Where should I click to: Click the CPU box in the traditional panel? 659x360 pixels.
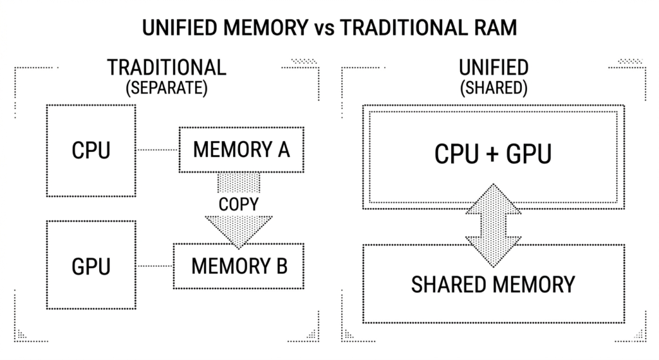click(x=91, y=151)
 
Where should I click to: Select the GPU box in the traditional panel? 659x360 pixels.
click(x=91, y=266)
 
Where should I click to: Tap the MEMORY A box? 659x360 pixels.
click(x=241, y=150)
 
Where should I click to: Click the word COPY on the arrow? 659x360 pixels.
click(x=239, y=204)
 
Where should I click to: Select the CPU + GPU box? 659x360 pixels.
click(x=494, y=155)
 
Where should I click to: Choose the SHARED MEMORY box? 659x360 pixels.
click(x=494, y=284)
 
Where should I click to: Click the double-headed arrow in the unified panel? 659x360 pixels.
click(x=494, y=225)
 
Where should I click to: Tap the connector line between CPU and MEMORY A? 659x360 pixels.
click(x=157, y=151)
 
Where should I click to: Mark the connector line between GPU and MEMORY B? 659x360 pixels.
click(x=155, y=265)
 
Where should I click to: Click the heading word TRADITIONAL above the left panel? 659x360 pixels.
click(x=167, y=68)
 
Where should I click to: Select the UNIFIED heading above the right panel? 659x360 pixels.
click(x=494, y=68)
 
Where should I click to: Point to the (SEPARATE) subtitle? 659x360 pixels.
click(x=167, y=88)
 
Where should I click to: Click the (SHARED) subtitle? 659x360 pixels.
click(x=494, y=88)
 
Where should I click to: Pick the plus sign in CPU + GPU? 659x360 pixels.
click(x=494, y=155)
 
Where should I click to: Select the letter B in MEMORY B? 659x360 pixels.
click(x=281, y=265)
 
